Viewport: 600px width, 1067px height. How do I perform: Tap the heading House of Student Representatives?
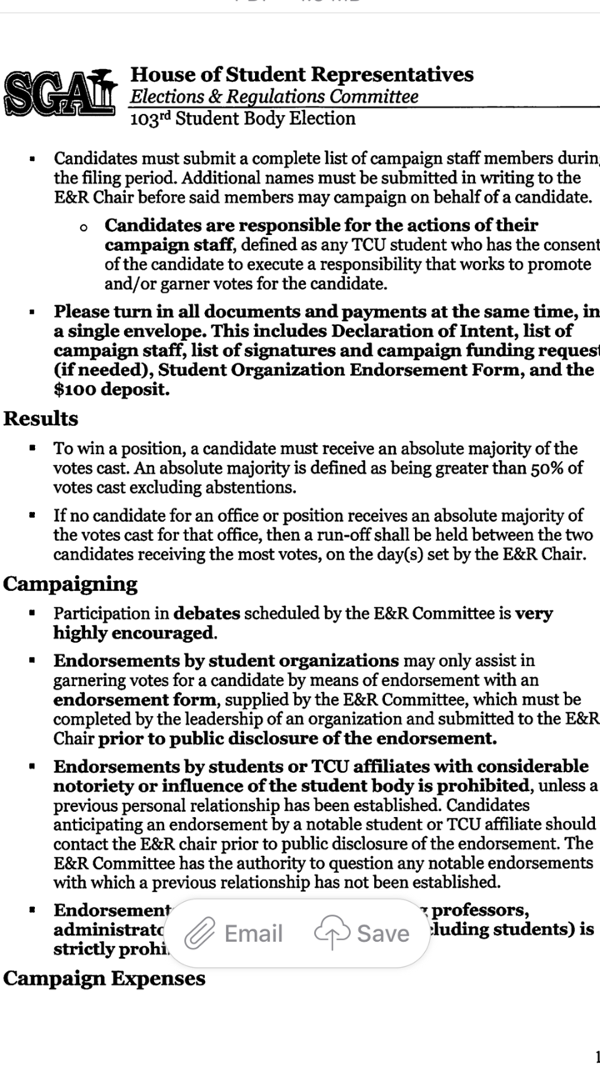302,74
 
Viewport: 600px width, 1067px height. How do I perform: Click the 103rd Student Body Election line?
242,118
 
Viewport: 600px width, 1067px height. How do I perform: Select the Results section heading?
41,418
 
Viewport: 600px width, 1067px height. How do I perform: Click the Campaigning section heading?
71,584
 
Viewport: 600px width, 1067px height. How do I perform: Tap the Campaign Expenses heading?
104,978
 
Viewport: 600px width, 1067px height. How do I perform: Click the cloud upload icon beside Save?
332,934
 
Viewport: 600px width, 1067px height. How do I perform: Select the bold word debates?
207,614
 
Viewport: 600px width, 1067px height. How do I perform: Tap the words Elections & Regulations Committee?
274,97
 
